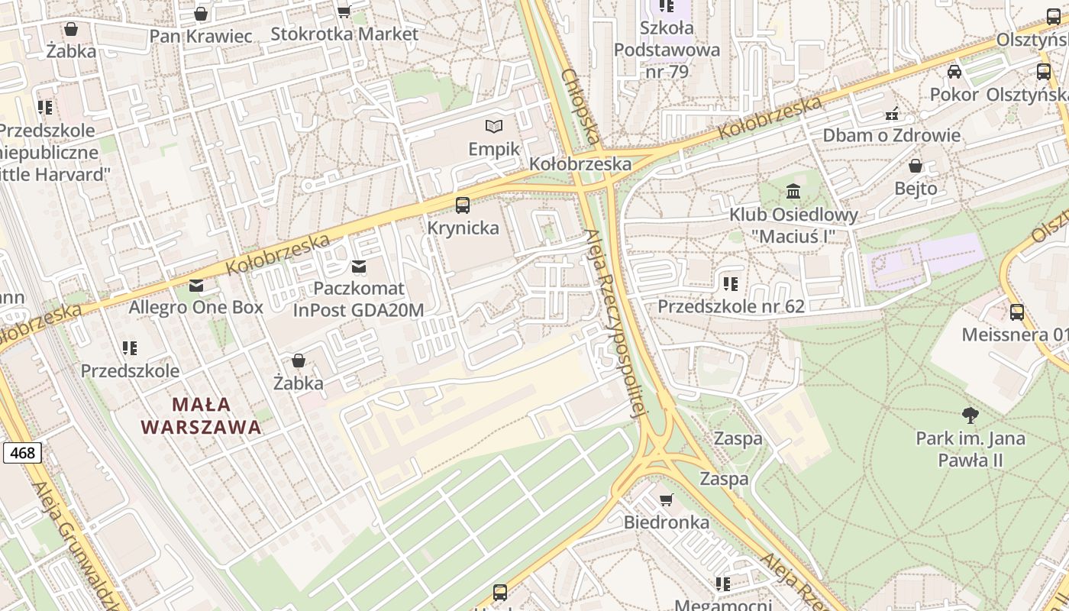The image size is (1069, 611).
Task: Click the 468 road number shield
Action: pos(22,453)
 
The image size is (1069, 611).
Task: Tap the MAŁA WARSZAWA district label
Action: pos(202,415)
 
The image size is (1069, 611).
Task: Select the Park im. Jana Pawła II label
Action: pos(970,449)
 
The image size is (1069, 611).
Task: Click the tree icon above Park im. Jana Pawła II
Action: pos(970,415)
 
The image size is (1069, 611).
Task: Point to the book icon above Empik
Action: pos(494,126)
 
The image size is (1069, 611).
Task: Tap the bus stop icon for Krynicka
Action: pos(463,205)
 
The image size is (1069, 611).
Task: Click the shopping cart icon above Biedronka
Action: pos(666,499)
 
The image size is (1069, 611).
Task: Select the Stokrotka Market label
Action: pos(344,34)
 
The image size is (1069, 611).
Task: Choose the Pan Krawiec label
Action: pos(201,36)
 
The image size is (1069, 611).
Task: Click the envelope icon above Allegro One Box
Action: pos(196,286)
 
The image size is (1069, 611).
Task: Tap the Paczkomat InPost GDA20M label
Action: pos(358,299)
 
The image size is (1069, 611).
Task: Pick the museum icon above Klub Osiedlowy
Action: pos(793,191)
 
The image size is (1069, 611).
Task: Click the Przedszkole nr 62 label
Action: pos(731,306)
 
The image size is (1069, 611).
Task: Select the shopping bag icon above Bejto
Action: pos(916,166)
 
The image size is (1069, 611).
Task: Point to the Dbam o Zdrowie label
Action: pos(891,136)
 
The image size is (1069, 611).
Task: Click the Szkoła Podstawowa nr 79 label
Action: pos(667,50)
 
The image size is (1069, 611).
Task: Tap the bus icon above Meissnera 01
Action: pos(1016,312)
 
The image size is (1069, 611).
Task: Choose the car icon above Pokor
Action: pos(954,72)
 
